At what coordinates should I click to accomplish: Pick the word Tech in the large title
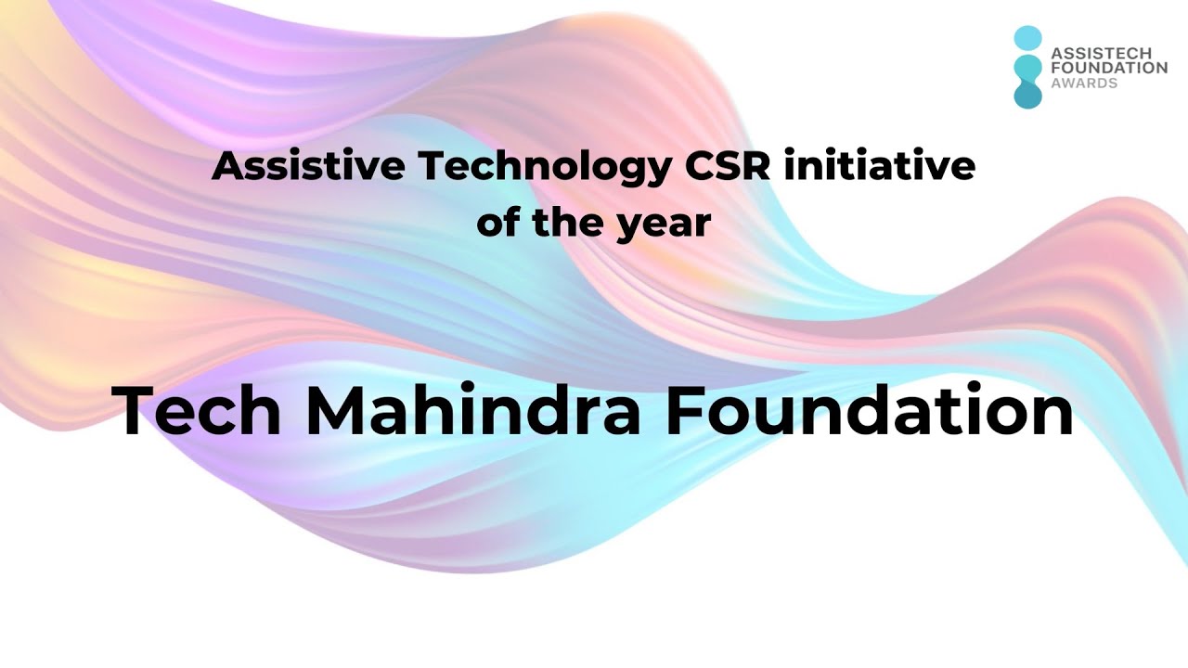198,411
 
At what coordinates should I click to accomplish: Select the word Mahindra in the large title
473,411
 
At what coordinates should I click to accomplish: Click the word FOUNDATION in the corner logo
1108,68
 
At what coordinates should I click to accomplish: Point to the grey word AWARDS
1084,83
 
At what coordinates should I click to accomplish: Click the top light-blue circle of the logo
1027,38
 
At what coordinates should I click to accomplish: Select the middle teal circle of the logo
1027,68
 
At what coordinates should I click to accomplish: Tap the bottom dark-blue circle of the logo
1027,95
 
